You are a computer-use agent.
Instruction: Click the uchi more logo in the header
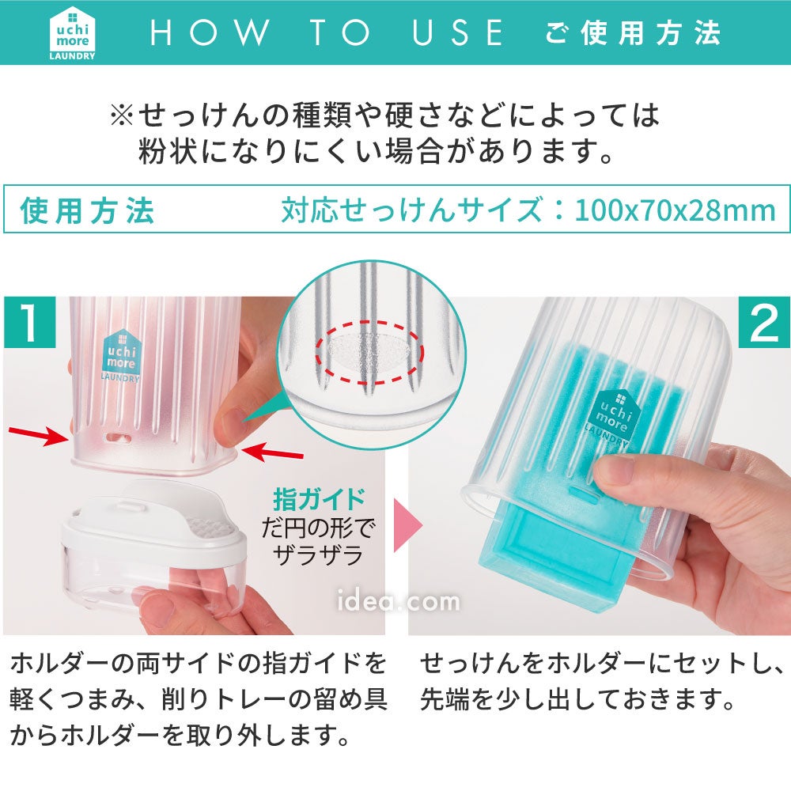click(72, 33)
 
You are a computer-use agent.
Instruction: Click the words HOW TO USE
click(327, 32)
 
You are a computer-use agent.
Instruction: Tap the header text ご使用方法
click(633, 32)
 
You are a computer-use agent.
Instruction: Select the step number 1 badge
click(30, 322)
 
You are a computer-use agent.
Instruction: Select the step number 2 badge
click(764, 322)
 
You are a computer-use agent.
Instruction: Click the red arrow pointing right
click(39, 435)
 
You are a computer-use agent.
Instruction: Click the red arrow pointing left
click(272, 452)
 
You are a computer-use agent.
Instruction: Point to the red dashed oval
click(369, 353)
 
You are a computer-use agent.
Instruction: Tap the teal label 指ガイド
click(319, 499)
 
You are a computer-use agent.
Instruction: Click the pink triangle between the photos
click(407, 526)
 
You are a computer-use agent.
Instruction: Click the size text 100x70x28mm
click(675, 210)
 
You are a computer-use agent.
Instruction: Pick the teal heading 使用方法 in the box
click(87, 210)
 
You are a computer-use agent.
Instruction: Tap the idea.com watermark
click(398, 601)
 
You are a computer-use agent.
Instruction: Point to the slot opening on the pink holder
click(117, 437)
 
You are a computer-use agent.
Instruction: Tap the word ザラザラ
click(318, 555)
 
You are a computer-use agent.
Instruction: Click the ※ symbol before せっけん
click(122, 115)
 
